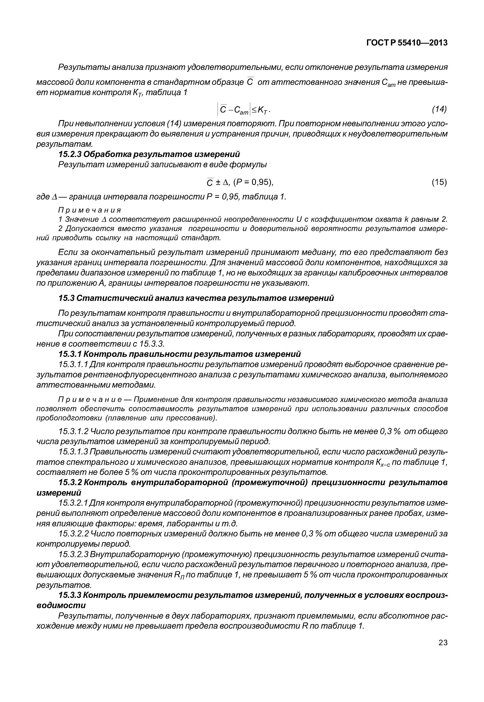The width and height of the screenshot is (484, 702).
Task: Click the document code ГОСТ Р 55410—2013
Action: pos(407,43)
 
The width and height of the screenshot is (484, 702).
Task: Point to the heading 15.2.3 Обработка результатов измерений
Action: pos(149,154)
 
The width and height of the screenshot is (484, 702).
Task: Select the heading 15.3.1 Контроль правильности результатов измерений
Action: pos(180,354)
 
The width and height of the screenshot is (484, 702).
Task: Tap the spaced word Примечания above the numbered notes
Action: pos(90,210)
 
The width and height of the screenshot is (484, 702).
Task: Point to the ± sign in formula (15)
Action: pos(218,183)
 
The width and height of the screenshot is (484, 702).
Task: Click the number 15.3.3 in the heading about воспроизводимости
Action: pos(69,595)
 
